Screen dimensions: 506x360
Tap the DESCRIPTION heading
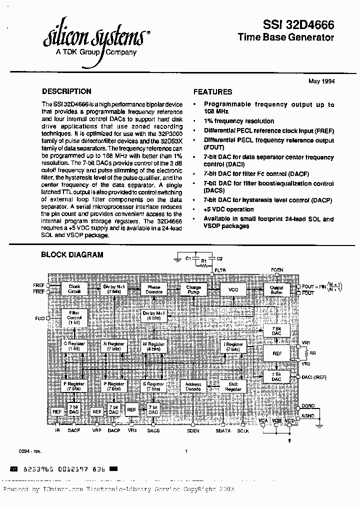tap(66, 91)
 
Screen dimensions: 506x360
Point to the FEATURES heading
tap(212, 92)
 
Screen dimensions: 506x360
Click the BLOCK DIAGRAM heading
tap(71, 254)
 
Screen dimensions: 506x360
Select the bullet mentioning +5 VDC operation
tap(228, 209)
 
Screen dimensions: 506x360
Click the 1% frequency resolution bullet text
tap(238, 121)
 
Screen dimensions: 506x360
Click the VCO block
tap(233, 289)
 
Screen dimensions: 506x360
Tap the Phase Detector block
tap(153, 289)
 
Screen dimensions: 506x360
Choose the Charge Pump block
tap(193, 289)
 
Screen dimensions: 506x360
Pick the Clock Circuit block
tap(74, 289)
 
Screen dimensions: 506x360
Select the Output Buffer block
tap(276, 289)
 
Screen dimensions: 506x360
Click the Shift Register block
tap(233, 386)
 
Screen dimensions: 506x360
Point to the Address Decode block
tap(193, 386)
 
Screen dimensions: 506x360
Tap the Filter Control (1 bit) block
tap(74, 317)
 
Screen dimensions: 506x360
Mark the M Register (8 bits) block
tap(153, 346)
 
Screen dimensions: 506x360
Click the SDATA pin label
tap(223, 430)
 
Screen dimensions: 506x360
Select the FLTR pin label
tap(220, 270)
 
